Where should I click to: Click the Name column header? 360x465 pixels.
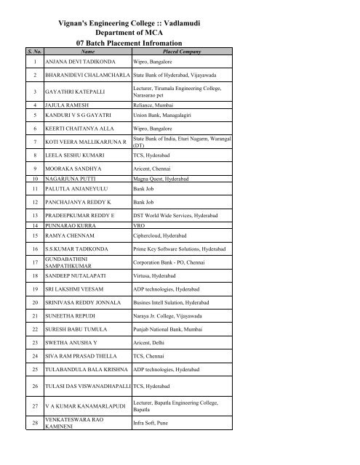pos(87,52)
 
